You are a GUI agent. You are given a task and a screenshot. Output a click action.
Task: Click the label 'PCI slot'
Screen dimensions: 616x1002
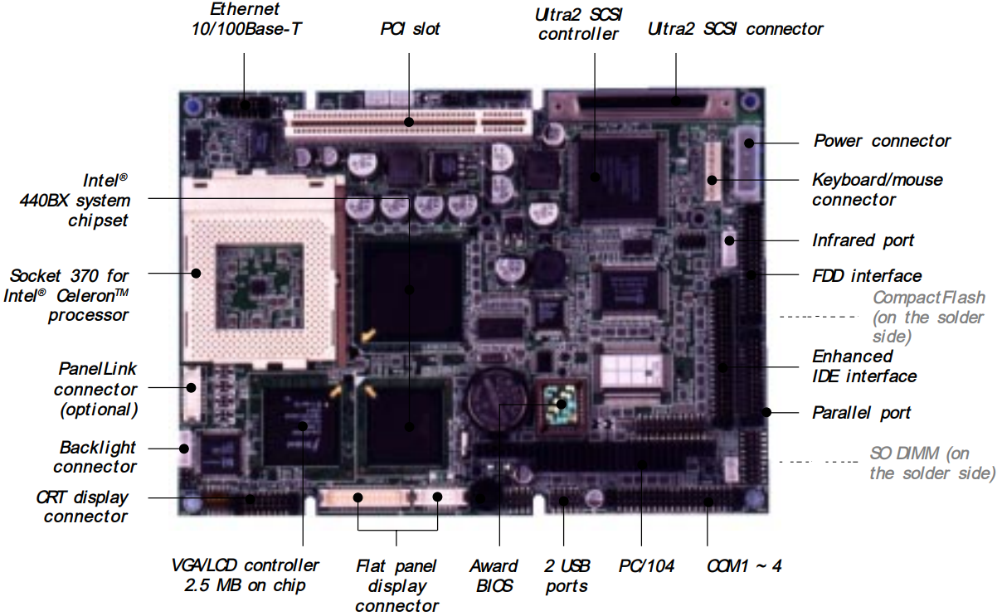[x=410, y=29]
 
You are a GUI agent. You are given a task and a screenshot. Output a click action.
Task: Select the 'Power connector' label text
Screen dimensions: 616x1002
[x=882, y=141]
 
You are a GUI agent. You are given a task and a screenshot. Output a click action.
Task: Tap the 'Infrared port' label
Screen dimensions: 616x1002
[x=863, y=240]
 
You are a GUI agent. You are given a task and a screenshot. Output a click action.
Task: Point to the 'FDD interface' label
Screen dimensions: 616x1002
[x=866, y=275]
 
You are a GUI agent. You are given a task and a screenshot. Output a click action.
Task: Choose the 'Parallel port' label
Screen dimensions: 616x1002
[x=861, y=412]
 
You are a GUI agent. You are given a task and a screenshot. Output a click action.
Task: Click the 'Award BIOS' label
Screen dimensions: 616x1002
[x=494, y=575]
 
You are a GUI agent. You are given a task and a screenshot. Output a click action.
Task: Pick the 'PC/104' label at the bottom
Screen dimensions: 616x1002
[x=646, y=566]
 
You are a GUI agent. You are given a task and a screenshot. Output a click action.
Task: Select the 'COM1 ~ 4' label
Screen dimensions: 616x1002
[x=744, y=566]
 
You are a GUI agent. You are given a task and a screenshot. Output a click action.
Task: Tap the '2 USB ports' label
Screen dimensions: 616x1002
[x=567, y=575]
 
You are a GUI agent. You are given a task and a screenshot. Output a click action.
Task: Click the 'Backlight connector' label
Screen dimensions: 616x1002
[x=96, y=457]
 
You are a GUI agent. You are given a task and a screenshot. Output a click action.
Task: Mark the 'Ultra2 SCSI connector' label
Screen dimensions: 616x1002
[x=735, y=29]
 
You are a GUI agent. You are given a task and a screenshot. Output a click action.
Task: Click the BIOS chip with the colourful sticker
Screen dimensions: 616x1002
[x=561, y=405]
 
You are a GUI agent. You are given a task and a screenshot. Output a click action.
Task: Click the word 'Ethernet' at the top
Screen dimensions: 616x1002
[x=244, y=10]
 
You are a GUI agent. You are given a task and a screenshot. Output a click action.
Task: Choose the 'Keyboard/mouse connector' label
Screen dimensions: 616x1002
[x=877, y=189]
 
